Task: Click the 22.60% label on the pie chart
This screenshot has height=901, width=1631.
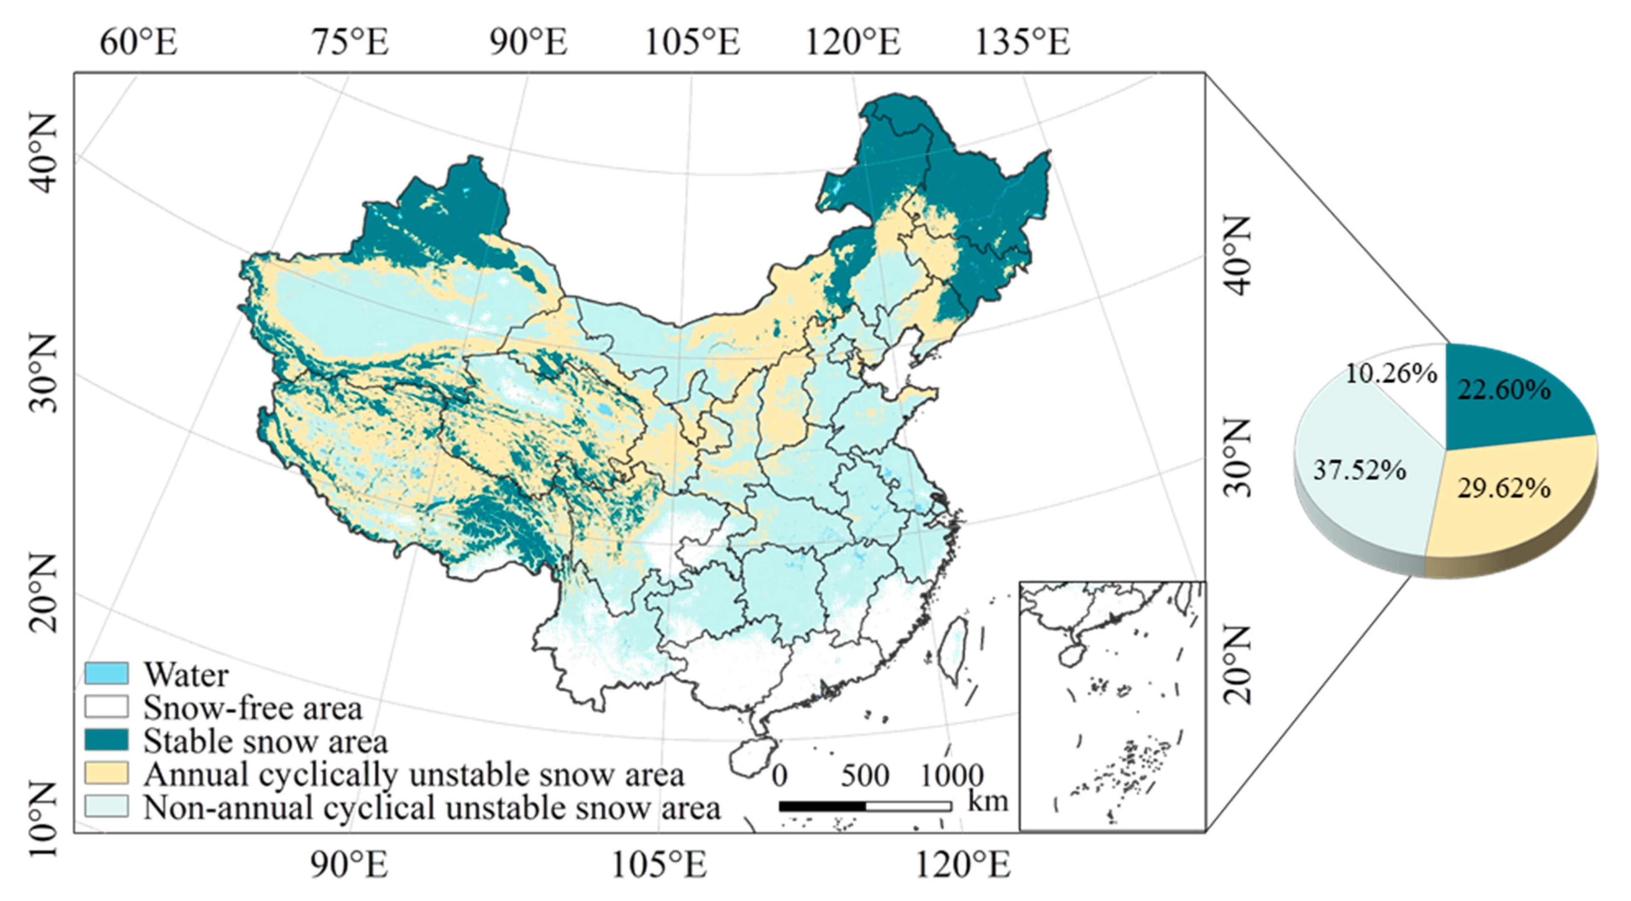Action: [1504, 390]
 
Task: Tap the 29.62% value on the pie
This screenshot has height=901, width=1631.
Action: [1504, 489]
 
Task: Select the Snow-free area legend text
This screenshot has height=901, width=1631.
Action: [253, 708]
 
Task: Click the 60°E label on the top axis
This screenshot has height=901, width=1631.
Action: [139, 42]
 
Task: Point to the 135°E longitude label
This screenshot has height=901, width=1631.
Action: [1022, 42]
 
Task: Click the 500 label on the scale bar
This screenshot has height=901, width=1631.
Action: [865, 775]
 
